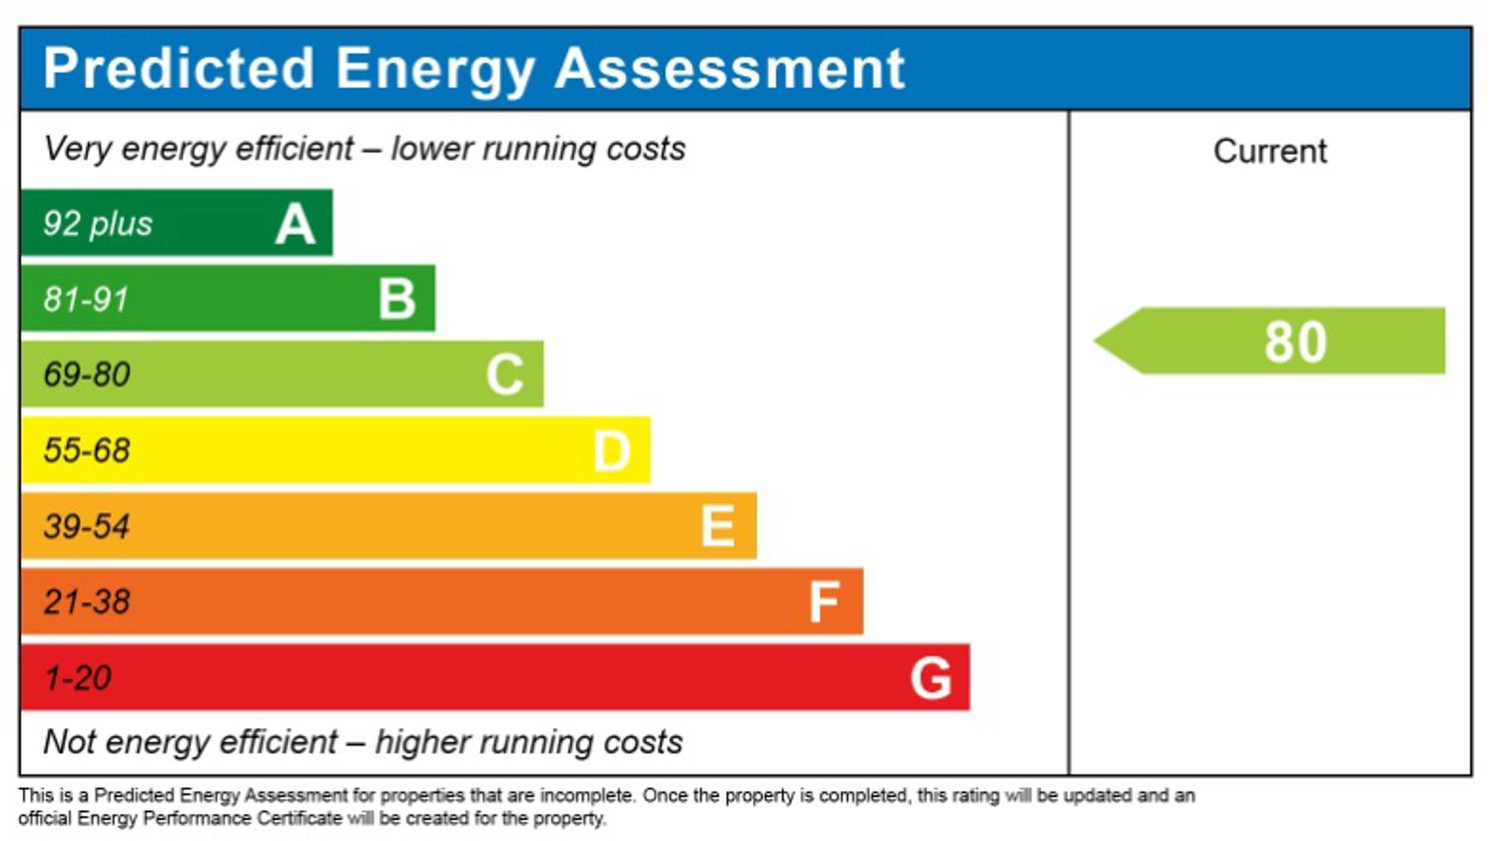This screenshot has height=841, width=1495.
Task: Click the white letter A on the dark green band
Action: [296, 224]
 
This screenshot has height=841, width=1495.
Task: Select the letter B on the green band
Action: [397, 299]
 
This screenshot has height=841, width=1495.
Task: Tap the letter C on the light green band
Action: [505, 375]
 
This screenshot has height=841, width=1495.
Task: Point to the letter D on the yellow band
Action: [612, 451]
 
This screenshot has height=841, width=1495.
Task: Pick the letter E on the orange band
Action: [718, 527]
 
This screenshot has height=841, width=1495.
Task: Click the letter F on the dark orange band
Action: [825, 602]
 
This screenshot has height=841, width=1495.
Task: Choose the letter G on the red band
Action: [931, 678]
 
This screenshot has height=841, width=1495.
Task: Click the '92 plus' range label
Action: [98, 224]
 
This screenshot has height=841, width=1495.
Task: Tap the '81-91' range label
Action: [86, 299]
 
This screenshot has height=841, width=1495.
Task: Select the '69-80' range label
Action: [87, 375]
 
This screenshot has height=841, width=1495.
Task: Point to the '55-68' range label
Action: [87, 450]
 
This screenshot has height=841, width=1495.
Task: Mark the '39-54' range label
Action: [87, 527]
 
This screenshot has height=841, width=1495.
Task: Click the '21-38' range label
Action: [87, 602]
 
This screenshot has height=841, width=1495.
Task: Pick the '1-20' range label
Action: [78, 678]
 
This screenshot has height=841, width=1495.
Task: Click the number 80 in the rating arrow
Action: [1296, 342]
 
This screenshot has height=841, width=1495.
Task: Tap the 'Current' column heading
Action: [1270, 151]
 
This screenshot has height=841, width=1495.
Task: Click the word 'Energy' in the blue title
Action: [435, 69]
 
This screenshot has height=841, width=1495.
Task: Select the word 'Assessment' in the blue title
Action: [729, 68]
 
